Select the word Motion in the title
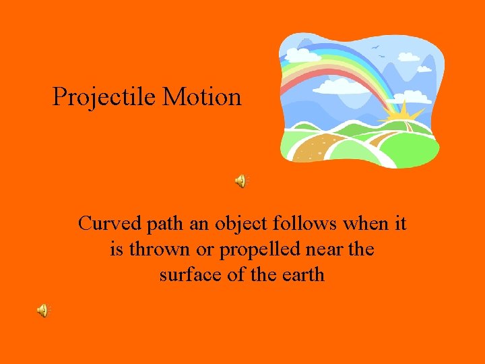[x=201, y=97]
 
